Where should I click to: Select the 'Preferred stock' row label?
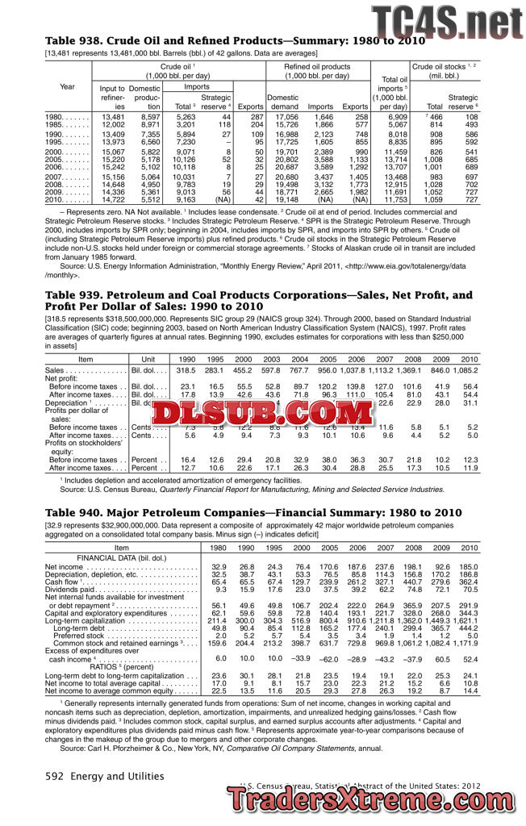[x=82, y=635]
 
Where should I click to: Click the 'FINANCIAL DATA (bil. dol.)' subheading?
[x=121, y=557]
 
